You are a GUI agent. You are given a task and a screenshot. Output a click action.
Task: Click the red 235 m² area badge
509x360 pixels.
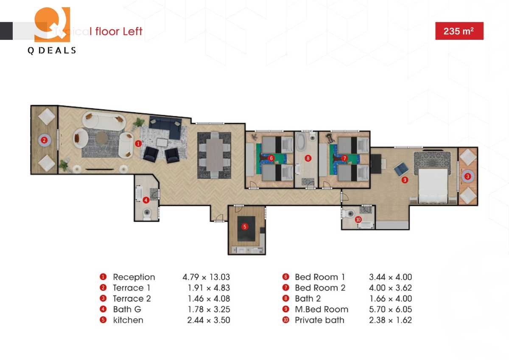[459, 31]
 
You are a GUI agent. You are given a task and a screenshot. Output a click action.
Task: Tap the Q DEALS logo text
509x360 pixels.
[52, 51]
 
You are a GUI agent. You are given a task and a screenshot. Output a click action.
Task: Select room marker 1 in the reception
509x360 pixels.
[138, 144]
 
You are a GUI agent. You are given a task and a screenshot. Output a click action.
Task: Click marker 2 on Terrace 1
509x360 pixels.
[44, 140]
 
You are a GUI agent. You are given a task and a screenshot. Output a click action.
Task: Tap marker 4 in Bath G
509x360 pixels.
[145, 200]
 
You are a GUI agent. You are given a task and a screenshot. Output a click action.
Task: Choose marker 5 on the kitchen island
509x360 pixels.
[245, 227]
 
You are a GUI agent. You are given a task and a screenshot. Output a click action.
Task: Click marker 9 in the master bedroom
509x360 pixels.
[405, 180]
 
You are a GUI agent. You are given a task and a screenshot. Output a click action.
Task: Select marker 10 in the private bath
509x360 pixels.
[358, 219]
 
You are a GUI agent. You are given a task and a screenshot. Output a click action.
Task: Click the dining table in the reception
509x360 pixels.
[214, 155]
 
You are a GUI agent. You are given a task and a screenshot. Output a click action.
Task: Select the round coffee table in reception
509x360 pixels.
[102, 138]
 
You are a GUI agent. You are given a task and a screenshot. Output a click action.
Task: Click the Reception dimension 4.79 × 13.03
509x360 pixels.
[206, 277]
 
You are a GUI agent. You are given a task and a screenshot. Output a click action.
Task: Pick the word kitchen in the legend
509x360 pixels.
[128, 320]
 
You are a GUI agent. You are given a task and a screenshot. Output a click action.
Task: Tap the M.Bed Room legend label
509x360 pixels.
[322, 309]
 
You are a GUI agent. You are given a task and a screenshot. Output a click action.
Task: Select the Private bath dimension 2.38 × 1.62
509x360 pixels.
[390, 320]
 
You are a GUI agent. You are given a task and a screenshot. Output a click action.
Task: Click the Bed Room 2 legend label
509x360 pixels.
[320, 288]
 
